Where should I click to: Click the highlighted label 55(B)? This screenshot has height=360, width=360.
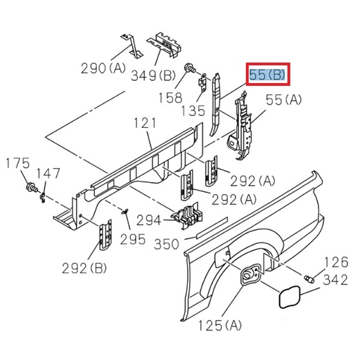pyautogui.click(x=268, y=75)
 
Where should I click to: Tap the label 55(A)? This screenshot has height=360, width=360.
pyautogui.click(x=283, y=101)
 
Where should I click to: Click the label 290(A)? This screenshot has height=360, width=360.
pyautogui.click(x=103, y=68)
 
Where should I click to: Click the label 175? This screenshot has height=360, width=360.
pyautogui.click(x=18, y=164)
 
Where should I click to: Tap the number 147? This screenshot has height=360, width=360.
pyautogui.click(x=49, y=173)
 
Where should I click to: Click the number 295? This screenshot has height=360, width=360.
pyautogui.click(x=132, y=239)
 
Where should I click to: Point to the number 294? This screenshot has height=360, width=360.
pyautogui.click(x=149, y=220)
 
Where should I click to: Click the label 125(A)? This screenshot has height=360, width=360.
pyautogui.click(x=220, y=325)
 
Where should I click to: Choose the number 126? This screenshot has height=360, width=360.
pyautogui.click(x=335, y=263)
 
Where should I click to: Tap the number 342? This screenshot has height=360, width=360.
pyautogui.click(x=335, y=280)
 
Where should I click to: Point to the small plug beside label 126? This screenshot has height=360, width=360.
pyautogui.click(x=308, y=279)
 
